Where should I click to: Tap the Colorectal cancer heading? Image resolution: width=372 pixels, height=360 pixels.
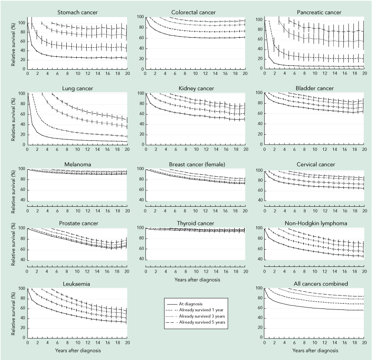click(x=195, y=11)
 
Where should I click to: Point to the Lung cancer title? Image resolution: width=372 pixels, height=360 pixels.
click(x=75, y=88)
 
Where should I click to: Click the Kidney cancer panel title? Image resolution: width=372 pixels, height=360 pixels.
click(x=195, y=88)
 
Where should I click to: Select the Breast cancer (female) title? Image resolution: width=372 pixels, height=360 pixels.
click(x=195, y=164)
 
